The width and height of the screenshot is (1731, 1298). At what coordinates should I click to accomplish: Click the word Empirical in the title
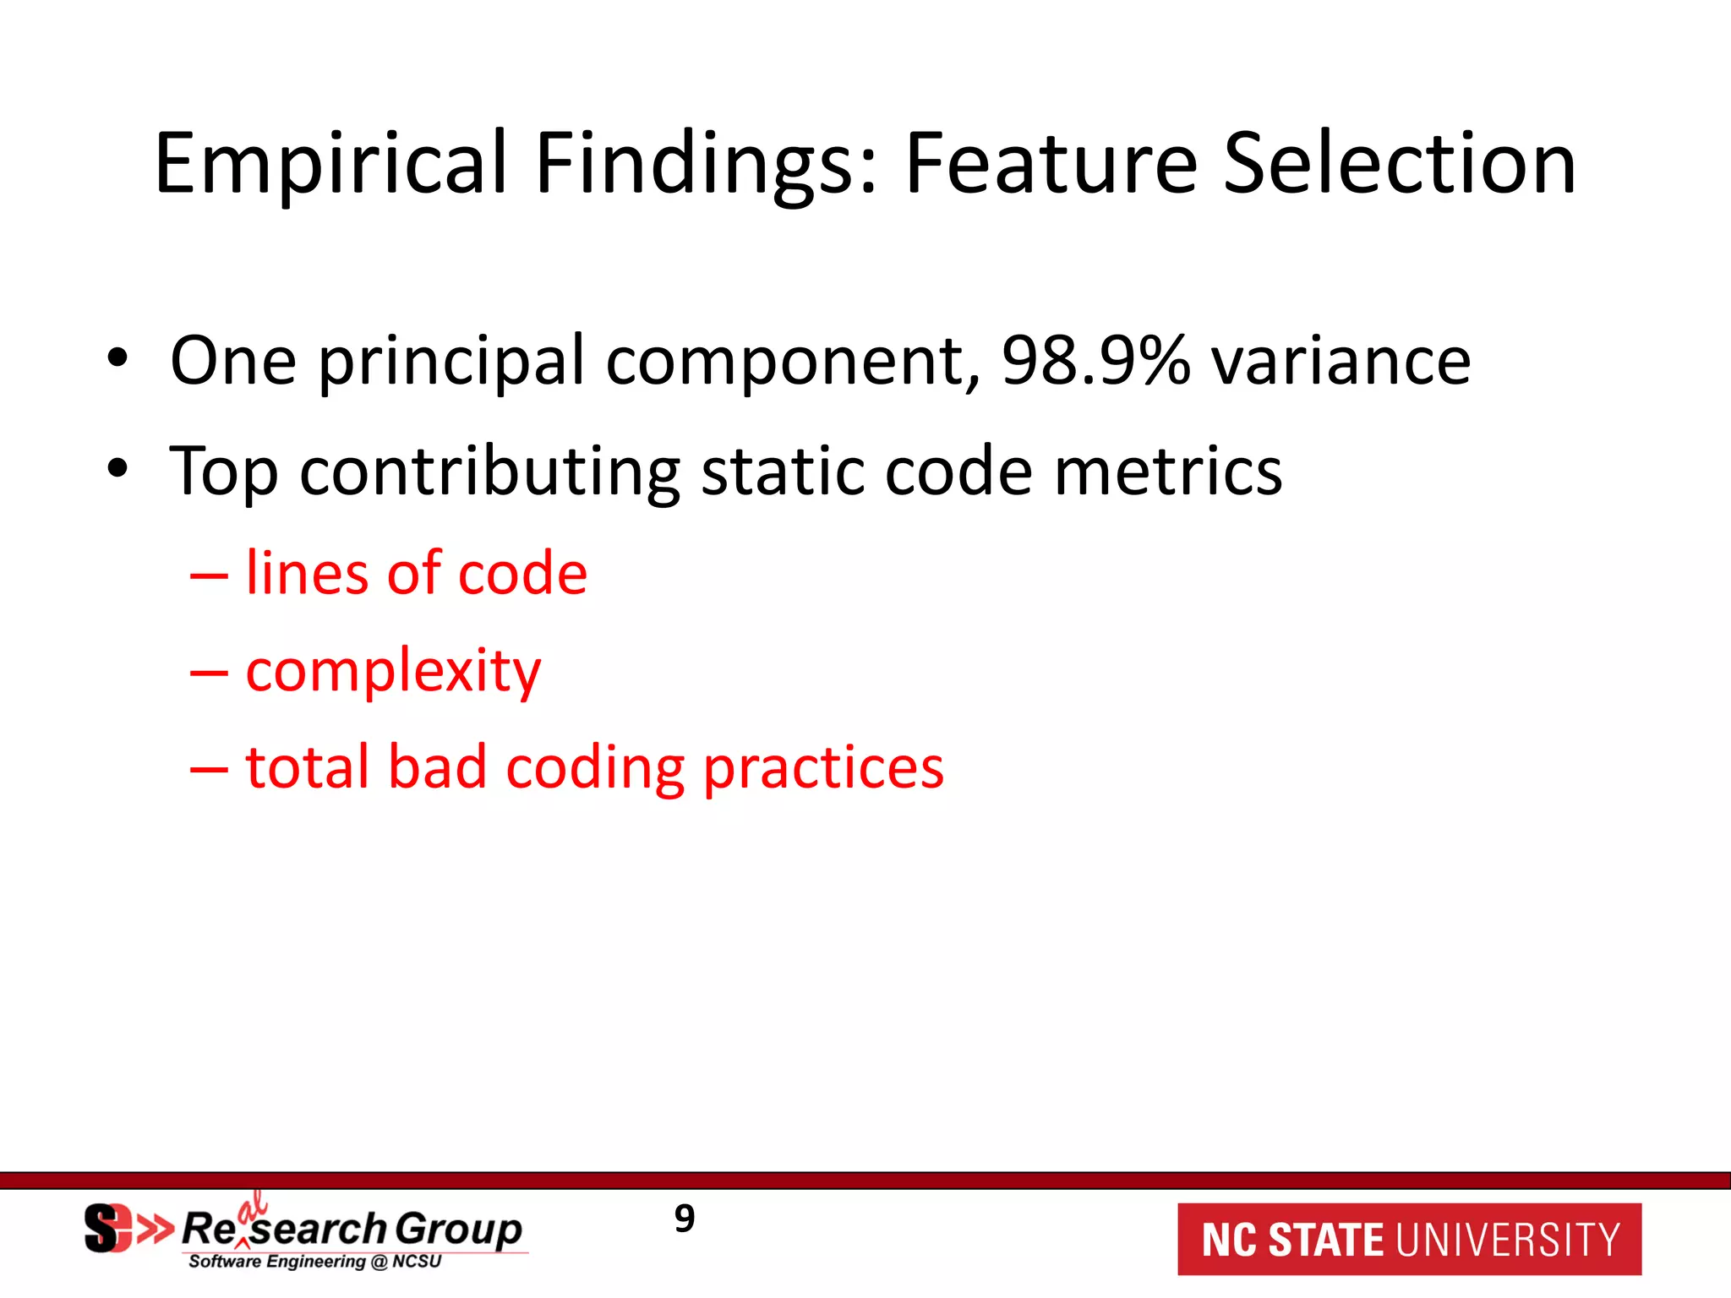pyautogui.click(x=330, y=165)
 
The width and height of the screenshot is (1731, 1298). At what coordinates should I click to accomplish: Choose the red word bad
pyautogui.click(x=437, y=767)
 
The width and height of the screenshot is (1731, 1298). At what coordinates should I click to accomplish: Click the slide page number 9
pyautogui.click(x=685, y=1219)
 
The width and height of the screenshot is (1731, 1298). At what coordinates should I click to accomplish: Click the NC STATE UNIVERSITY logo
pyautogui.click(x=1409, y=1239)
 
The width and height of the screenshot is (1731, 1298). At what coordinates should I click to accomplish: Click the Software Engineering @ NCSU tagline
pyautogui.click(x=314, y=1262)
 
